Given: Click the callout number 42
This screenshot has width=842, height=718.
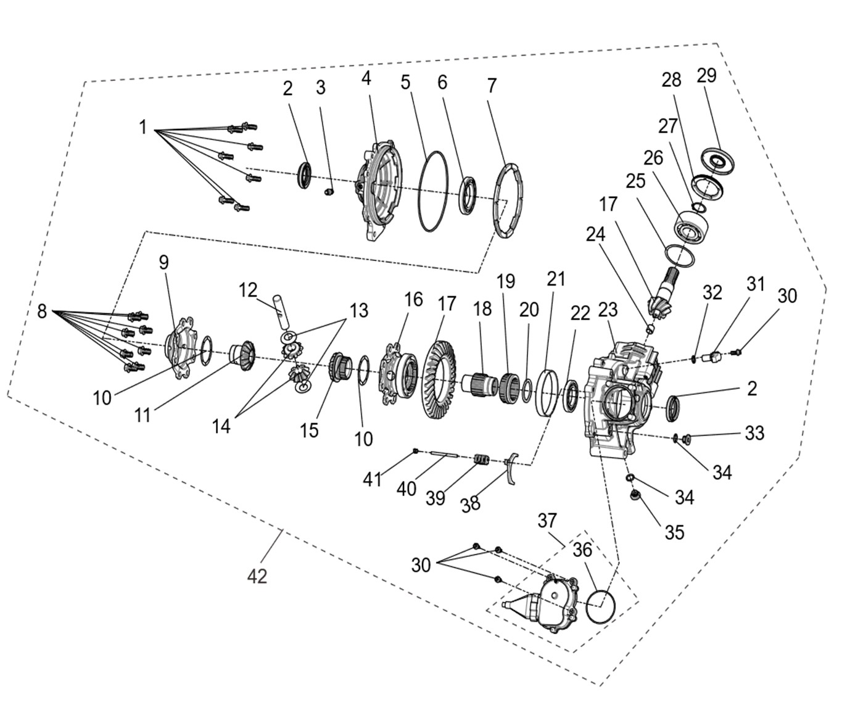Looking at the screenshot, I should (x=257, y=576).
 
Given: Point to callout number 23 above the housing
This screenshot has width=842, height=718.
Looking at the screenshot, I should (x=608, y=310).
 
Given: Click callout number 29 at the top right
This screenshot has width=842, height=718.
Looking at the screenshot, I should (x=706, y=76).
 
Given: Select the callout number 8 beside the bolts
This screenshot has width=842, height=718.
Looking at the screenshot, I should (x=42, y=312).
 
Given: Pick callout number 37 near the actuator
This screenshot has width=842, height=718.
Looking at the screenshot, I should (x=547, y=521).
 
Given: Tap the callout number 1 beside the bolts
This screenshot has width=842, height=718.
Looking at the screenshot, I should (x=143, y=128).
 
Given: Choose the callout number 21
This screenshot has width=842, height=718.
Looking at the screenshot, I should (x=556, y=279).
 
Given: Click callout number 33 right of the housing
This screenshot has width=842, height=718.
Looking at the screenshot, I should (x=754, y=433).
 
